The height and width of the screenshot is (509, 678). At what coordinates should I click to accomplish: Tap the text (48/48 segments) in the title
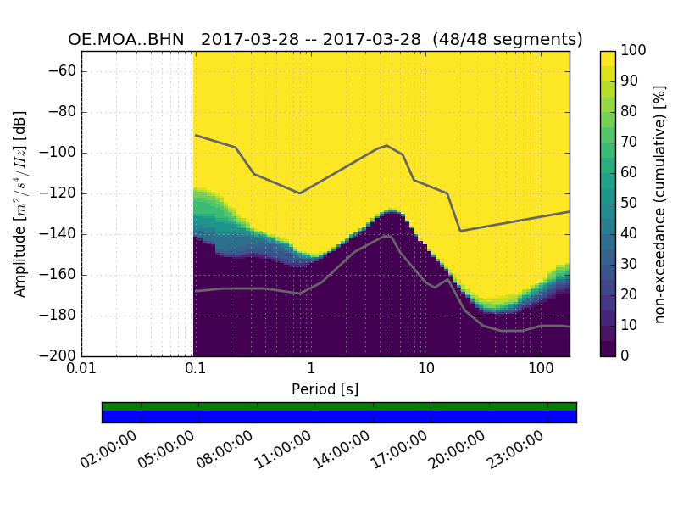[507, 40]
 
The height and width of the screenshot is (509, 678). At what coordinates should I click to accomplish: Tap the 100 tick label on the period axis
[541, 370]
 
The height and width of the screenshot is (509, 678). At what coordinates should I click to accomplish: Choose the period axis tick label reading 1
[311, 370]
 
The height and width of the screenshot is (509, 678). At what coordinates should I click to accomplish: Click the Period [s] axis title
[325, 389]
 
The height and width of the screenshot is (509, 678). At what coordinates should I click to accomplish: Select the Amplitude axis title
[20, 204]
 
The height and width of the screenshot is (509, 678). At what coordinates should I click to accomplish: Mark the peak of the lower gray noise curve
[388, 236]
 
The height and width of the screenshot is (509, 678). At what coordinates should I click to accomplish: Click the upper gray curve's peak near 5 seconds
[387, 145]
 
